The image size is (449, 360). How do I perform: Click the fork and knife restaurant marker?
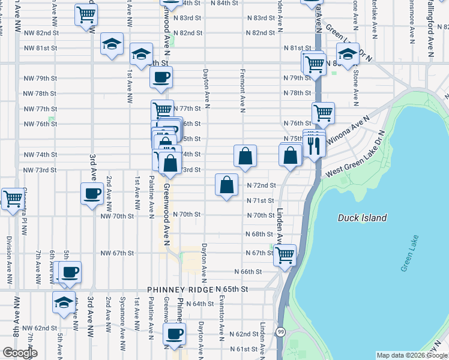click(x=314, y=144)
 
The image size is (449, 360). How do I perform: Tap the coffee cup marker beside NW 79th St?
click(x=161, y=77)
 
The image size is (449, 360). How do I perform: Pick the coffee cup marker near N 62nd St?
click(x=174, y=334)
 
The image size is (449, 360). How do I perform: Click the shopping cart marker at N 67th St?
click(x=285, y=254)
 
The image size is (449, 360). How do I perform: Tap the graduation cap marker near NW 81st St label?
click(x=111, y=44)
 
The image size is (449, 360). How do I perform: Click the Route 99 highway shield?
click(x=280, y=332)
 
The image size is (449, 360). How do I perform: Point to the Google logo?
click(x=19, y=353)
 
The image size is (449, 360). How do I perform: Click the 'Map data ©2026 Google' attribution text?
click(x=412, y=355)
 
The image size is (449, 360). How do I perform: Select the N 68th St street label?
click(x=259, y=234)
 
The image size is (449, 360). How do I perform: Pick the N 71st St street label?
click(x=259, y=200)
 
